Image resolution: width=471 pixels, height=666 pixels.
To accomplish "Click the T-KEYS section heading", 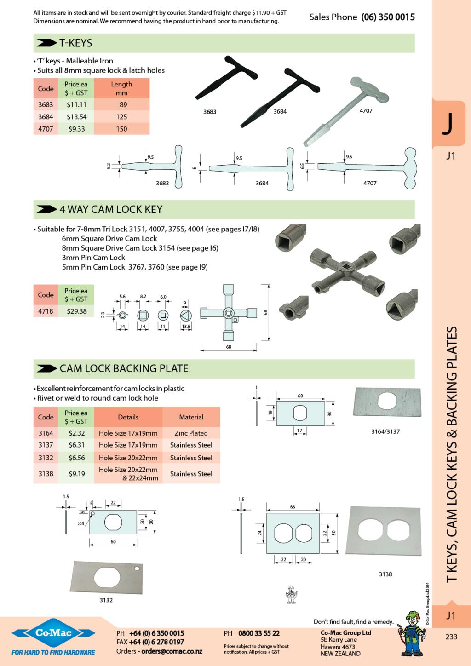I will [75, 43].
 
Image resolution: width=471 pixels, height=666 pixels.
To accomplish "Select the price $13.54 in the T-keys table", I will [76, 117].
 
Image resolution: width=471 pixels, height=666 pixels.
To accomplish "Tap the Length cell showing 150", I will [121, 129].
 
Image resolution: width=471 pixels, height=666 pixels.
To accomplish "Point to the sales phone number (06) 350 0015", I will [388, 17].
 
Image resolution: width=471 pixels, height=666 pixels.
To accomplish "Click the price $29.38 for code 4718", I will [76, 311].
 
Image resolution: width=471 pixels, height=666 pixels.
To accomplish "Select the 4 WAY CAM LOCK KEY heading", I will [111, 209].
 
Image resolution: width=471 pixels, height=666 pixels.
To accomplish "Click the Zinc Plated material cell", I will [191, 433].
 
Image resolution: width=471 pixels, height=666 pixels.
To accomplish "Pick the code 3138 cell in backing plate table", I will [46, 473].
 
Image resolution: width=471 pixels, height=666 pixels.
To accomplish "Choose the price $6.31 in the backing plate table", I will [76, 445].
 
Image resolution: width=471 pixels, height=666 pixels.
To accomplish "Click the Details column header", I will [128, 417].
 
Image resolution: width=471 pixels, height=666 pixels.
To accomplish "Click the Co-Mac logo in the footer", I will [53, 634].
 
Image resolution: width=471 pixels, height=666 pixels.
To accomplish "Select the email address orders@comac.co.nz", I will [172, 651].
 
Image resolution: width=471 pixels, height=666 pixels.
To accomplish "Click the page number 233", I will [451, 637].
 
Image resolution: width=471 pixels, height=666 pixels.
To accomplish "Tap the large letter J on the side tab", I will [448, 124].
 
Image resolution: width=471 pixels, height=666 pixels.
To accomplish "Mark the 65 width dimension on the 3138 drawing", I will [293, 506].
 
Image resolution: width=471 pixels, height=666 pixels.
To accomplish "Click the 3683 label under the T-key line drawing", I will [162, 183].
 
